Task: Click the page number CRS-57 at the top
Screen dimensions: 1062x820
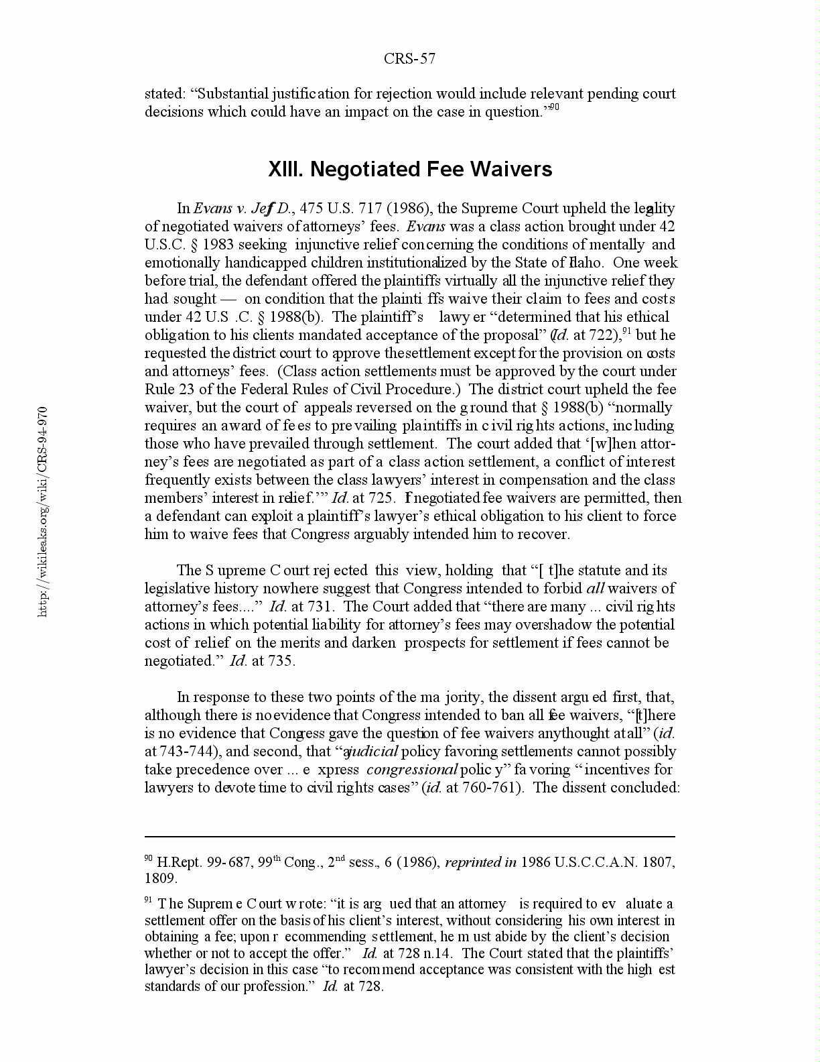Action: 409,59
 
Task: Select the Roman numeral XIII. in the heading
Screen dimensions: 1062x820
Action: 286,169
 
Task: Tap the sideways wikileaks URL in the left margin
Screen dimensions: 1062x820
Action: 42,511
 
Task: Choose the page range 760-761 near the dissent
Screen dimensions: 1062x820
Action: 492,788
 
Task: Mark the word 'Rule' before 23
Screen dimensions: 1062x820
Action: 159,390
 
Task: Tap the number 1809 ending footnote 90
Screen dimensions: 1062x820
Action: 159,878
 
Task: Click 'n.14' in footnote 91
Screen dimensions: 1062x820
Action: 438,953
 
